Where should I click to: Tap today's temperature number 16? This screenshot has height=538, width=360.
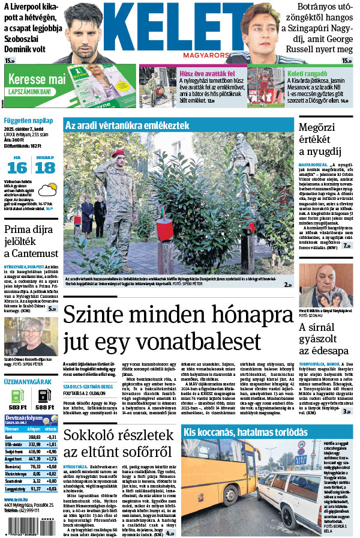pos(17,168)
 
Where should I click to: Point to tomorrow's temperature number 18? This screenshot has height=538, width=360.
pos(45,168)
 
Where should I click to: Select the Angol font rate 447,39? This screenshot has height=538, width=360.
pos(35,458)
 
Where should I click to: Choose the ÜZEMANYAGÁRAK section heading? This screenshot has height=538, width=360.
pos(27,381)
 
